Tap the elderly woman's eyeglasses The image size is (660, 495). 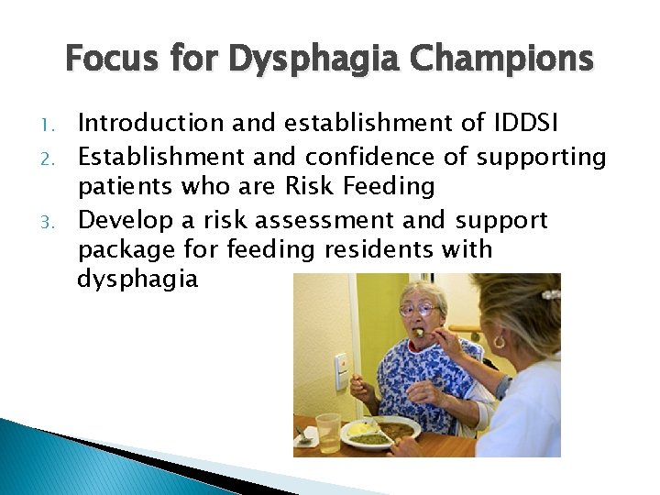tap(418, 311)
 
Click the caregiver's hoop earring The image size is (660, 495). tap(499, 342)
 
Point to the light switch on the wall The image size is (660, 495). tap(341, 371)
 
